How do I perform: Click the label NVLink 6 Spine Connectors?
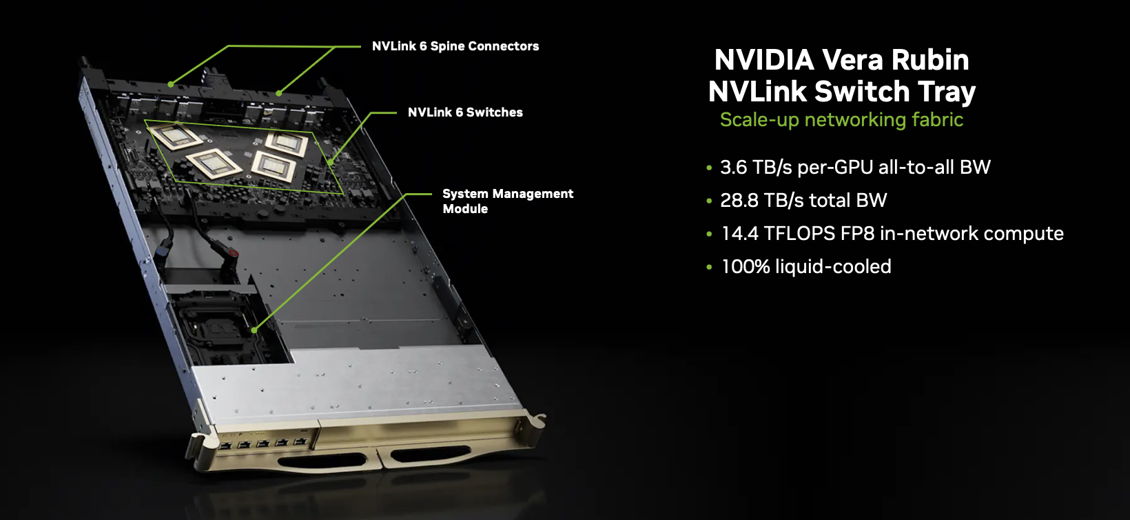[x=455, y=46]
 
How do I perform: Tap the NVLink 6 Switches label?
[x=465, y=112]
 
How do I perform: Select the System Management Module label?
[x=507, y=201]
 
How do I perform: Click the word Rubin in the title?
[x=929, y=60]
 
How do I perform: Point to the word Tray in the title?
[x=947, y=92]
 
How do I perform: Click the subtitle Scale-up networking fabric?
[x=841, y=120]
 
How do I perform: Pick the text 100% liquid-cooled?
[x=805, y=267]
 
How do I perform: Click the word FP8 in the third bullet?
[x=857, y=234]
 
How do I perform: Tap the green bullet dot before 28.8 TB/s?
[x=709, y=201]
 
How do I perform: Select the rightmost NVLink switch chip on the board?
[x=287, y=143]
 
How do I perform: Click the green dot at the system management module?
[x=254, y=330]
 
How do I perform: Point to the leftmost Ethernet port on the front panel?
[x=225, y=446]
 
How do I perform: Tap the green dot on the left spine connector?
[x=171, y=84]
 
